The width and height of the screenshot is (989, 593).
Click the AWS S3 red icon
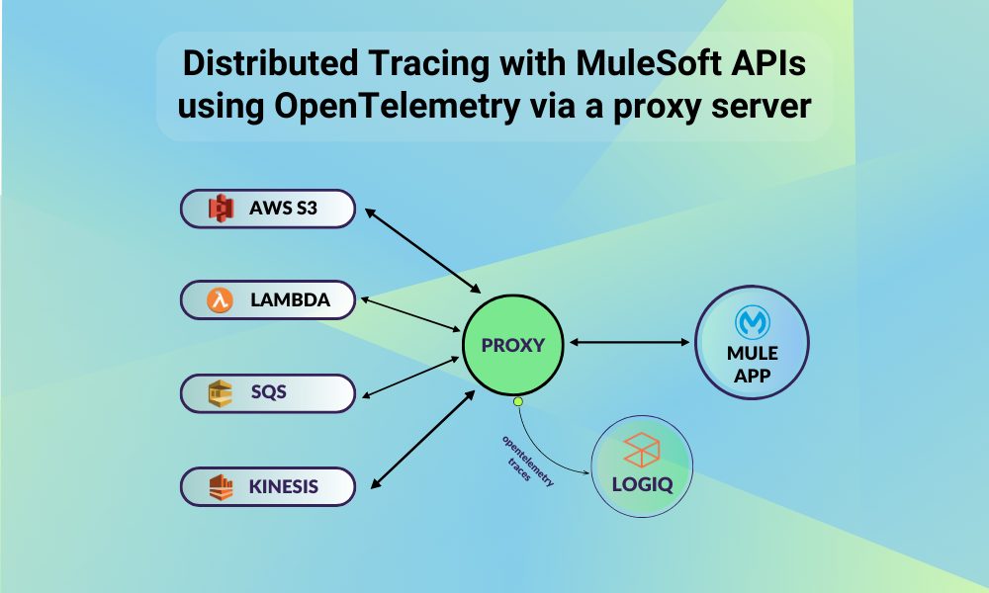(x=222, y=208)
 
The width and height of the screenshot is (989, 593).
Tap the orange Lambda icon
(x=220, y=300)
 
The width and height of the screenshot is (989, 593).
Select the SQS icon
(x=221, y=393)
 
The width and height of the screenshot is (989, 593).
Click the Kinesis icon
(x=221, y=487)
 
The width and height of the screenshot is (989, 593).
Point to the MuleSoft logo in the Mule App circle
(x=752, y=322)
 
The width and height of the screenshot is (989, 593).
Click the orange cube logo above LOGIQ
(x=642, y=450)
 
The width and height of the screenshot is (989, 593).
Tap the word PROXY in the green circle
(x=512, y=345)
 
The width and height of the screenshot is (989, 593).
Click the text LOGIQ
(x=642, y=484)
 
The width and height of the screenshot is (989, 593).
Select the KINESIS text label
(x=283, y=486)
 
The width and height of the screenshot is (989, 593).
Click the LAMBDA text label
(x=290, y=300)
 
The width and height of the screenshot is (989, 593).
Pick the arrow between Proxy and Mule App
(x=629, y=342)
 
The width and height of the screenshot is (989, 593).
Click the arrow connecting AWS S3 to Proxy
(x=423, y=251)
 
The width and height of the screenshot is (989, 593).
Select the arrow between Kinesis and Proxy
(x=422, y=439)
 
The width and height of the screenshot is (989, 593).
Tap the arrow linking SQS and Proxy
(x=410, y=377)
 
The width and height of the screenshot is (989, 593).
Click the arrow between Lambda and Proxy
(x=410, y=314)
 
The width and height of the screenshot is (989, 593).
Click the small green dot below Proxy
(x=518, y=401)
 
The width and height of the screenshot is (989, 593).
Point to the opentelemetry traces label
(x=527, y=460)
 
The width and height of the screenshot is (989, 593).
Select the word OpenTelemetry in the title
(x=398, y=106)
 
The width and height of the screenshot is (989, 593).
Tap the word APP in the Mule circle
(x=752, y=376)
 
